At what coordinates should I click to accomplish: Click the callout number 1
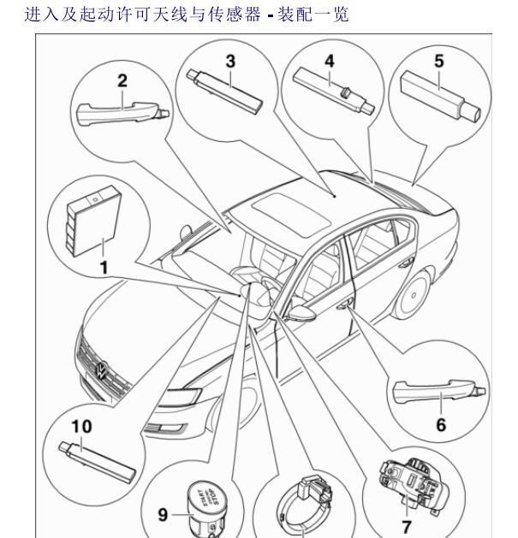coord(103,268)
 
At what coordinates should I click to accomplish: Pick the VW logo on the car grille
coord(101,370)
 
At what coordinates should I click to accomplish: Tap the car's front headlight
coord(192,397)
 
